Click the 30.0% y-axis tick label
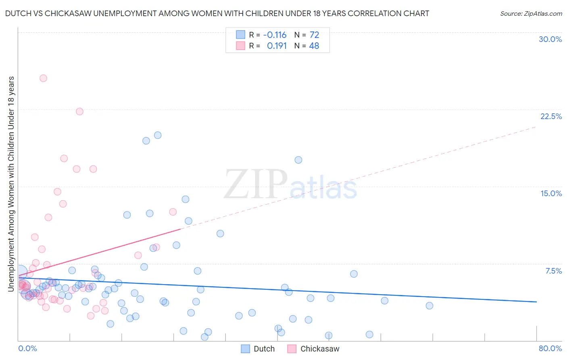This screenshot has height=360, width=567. coord(550,39)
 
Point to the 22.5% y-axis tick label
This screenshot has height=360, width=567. coord(551,116)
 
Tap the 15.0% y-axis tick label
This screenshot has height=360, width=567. coord(551,193)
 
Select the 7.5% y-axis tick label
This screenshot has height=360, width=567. coord(553,271)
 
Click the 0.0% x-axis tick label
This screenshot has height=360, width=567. coord(27,348)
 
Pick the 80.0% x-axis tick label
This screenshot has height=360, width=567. coord(550,348)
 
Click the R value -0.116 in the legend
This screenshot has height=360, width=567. coord(275,35)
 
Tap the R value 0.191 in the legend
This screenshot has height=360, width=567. coord(277,46)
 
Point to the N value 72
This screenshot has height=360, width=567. coord(314,35)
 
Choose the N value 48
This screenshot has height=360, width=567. coord(314,46)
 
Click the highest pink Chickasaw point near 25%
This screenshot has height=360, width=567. coord(43,78)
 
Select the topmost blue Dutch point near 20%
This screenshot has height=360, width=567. coord(158,135)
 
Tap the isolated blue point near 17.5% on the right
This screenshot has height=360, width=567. coord(298,160)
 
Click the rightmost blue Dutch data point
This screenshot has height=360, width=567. coord(429,306)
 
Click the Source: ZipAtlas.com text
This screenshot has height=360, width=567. coord(531,14)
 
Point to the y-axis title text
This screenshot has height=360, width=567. coord(11,184)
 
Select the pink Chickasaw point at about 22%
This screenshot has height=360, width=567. coord(79,111)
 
